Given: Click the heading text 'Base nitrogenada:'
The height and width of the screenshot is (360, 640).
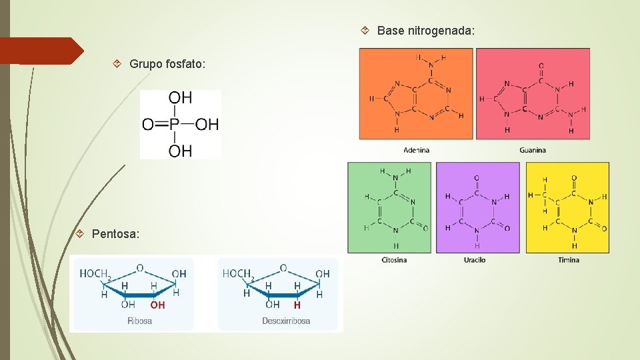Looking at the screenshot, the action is (x=426, y=31).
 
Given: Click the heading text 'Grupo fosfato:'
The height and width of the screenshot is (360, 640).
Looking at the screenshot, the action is (x=167, y=64).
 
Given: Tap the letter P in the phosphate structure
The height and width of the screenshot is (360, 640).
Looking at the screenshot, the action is (x=175, y=125).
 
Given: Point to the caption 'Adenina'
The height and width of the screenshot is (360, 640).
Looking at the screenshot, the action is (x=417, y=150).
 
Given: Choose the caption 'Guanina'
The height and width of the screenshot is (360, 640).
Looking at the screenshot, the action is (x=533, y=150).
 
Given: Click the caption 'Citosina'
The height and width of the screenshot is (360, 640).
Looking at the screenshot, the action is (x=394, y=259).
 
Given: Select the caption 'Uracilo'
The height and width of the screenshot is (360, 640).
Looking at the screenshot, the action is (x=475, y=259).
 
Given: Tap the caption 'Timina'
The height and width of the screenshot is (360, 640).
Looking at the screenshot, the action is (x=569, y=259).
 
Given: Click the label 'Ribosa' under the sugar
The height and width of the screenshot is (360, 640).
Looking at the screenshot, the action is (x=140, y=321).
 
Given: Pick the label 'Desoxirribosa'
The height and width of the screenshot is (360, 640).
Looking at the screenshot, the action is (x=286, y=321).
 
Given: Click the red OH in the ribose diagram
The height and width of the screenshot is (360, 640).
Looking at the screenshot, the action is (x=157, y=305).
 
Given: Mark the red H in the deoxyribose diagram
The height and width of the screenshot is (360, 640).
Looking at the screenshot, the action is (x=297, y=305).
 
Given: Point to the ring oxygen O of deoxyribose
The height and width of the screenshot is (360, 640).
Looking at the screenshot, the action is (x=283, y=268).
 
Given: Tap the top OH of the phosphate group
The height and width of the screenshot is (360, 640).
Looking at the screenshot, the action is (x=180, y=98).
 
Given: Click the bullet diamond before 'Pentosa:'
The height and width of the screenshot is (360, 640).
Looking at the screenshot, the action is (x=79, y=234).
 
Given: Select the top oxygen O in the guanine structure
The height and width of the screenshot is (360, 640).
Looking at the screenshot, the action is (x=541, y=66).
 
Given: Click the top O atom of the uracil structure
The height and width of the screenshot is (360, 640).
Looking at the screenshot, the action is (x=477, y=179).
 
